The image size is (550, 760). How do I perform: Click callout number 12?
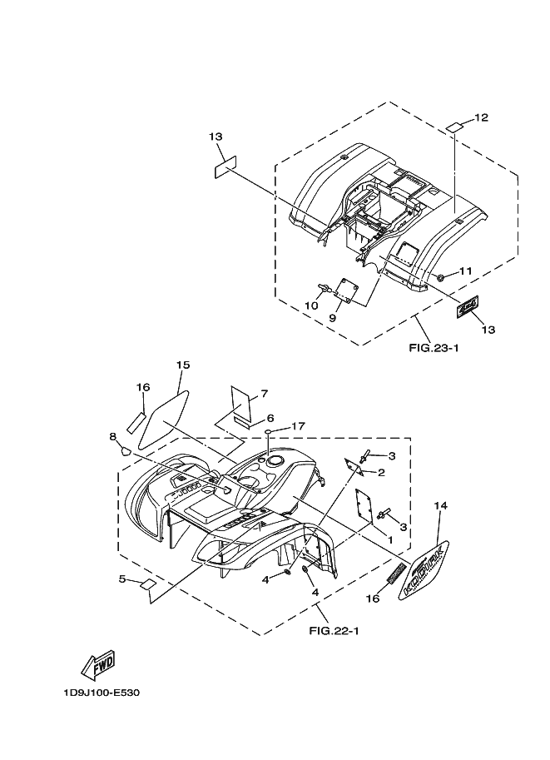click(482, 117)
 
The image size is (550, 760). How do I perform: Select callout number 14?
click(441, 504)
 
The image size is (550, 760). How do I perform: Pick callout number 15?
click(183, 365)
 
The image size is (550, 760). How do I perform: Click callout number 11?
click(465, 271)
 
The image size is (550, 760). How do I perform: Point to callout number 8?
click(112, 436)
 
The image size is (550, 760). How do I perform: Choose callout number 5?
click(122, 579)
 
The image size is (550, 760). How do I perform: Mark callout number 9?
click(333, 317)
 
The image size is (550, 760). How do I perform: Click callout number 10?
click(310, 305)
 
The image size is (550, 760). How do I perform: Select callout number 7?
click(263, 393)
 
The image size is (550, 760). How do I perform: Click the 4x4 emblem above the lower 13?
click(468, 308)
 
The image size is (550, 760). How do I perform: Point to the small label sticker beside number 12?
click(454, 127)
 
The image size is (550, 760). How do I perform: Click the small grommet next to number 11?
click(441, 277)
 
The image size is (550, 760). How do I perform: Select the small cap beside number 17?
click(270, 433)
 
